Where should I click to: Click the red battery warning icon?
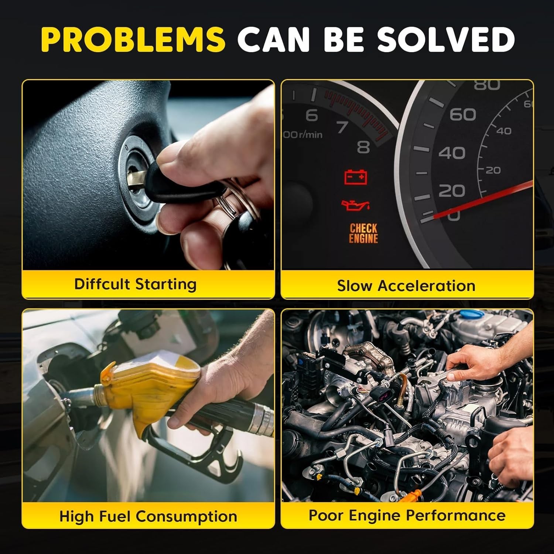(356, 177)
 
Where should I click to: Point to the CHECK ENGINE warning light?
(363, 233)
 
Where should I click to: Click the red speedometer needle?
(483, 199)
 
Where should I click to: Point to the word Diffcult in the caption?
(102, 284)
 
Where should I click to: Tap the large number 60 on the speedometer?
(462, 114)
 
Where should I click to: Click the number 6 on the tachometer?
(312, 115)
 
